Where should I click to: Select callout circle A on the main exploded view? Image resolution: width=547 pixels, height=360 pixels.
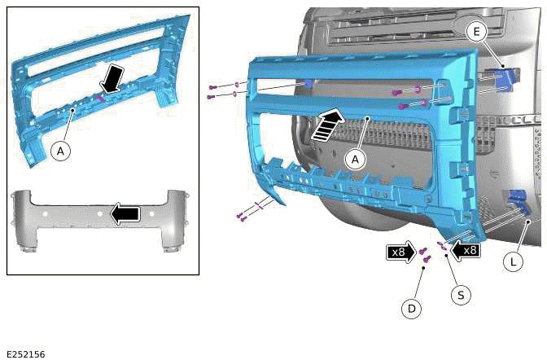(x=353, y=160)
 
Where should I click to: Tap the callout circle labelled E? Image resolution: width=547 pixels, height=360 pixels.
(x=478, y=31)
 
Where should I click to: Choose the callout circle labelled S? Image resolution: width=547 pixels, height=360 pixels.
(x=461, y=295)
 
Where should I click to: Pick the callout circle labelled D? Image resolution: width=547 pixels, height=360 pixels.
(x=413, y=308)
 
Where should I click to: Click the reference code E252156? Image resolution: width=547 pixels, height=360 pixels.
(x=25, y=353)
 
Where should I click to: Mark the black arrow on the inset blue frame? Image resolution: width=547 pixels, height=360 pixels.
(x=113, y=80)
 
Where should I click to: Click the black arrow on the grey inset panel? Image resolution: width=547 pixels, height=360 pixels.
(x=125, y=213)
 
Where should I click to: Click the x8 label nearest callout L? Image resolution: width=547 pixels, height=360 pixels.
(x=466, y=250)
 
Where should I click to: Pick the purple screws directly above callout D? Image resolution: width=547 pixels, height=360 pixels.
(x=424, y=255)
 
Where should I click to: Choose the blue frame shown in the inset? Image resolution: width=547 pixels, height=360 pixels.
(x=98, y=81)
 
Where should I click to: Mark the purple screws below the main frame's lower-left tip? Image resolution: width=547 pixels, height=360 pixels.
(x=241, y=216)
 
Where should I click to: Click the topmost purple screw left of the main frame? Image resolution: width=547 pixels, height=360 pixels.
(x=212, y=86)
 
